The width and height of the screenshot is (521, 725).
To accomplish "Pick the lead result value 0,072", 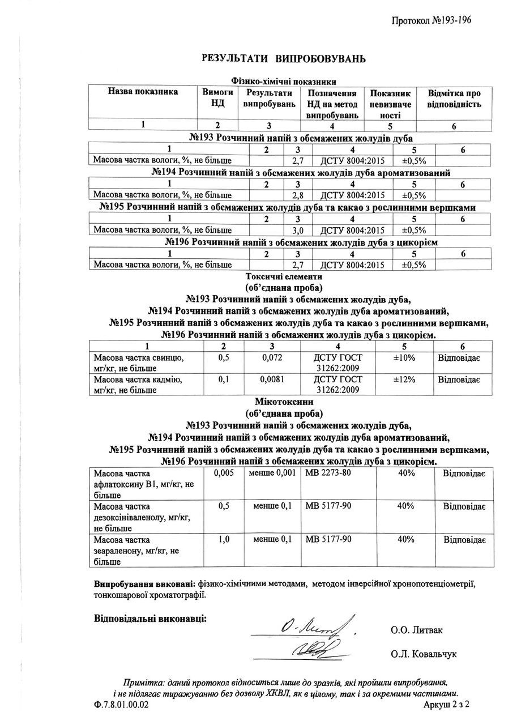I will tap(272, 358).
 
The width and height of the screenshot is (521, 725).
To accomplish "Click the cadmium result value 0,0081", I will tap(272, 380).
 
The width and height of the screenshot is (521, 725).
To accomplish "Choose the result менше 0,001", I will tap(272, 474).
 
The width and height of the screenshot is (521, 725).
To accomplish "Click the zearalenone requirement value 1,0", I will tap(224, 539).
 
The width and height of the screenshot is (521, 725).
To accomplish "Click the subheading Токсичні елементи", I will tap(284, 277).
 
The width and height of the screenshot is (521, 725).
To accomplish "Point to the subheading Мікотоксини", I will tap(284, 402).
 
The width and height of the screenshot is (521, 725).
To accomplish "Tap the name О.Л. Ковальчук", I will tap(423, 654).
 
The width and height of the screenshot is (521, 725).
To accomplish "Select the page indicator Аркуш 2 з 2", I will tap(447, 705).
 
